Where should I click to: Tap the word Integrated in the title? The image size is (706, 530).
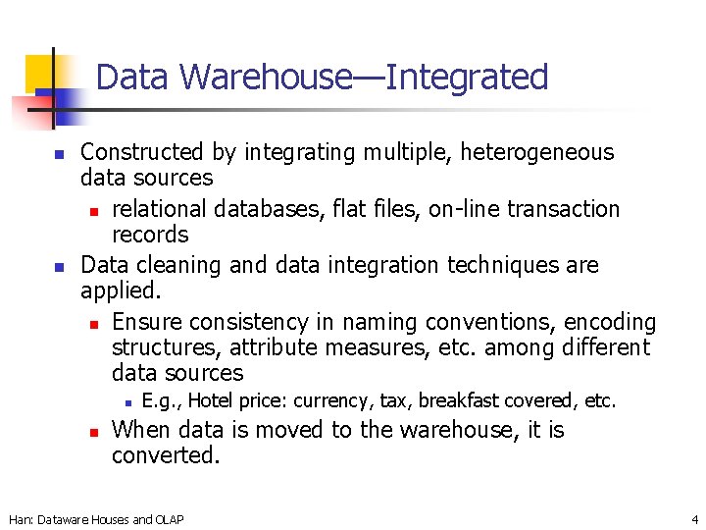[x=467, y=77]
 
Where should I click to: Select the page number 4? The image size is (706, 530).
[x=694, y=519]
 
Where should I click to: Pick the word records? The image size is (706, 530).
[x=150, y=235]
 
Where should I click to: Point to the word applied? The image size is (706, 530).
[x=120, y=291]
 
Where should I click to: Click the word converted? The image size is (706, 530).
[x=166, y=455]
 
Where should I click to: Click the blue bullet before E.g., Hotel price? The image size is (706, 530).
[x=127, y=401]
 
